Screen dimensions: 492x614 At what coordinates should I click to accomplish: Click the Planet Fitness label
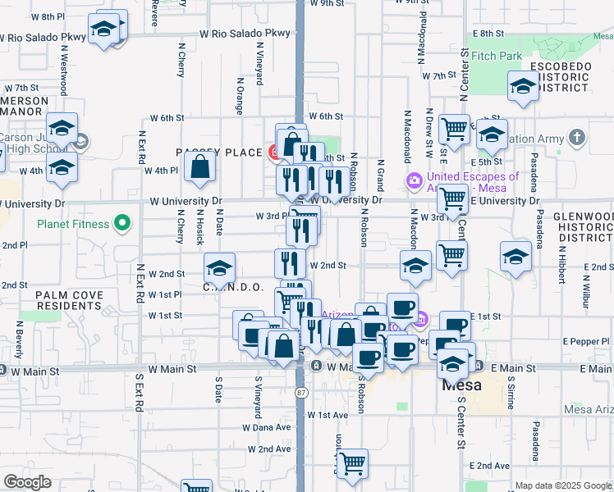pos(72,224)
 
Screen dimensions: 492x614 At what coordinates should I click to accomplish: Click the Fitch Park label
pos(496,57)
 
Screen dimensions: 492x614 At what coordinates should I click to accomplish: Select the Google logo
pos(27,482)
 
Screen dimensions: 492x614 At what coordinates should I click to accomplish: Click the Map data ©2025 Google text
pos(563,485)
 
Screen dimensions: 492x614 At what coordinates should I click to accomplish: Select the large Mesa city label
pos(461,384)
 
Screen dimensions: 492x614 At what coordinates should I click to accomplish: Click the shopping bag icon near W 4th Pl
pos(200,168)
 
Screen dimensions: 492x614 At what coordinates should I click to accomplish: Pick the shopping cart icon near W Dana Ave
pos(352,463)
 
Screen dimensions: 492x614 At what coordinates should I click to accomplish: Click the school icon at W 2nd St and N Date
pos(218,268)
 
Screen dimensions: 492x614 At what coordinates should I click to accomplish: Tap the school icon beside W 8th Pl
pos(104,30)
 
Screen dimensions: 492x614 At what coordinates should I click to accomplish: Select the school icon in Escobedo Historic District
pos(523,86)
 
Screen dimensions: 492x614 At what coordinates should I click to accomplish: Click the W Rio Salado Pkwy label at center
pos(245,34)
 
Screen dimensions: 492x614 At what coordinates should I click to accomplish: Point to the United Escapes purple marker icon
pos(415,180)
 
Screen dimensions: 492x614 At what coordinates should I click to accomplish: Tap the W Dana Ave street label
pos(267,427)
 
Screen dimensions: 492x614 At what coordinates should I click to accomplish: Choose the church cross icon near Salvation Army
pos(578,136)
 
